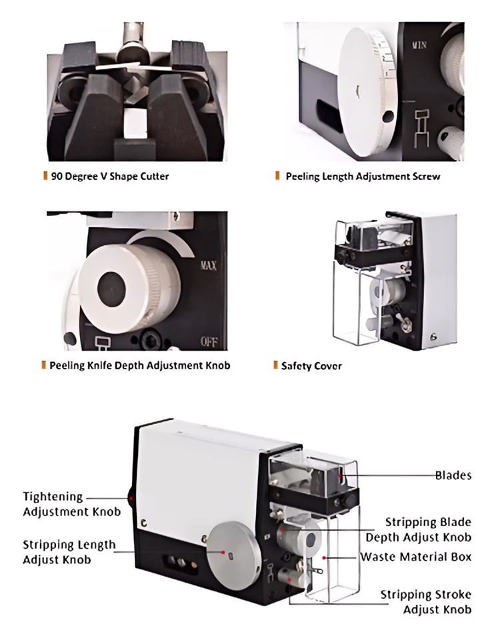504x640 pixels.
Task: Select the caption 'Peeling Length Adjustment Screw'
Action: click(x=363, y=177)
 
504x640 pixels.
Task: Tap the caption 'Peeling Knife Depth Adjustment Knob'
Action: click(x=140, y=365)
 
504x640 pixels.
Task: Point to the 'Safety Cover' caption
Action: click(x=311, y=366)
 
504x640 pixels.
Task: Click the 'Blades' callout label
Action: click(x=453, y=475)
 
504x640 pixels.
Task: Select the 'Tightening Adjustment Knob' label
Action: click(x=72, y=504)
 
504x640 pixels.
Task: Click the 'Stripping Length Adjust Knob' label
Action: click(x=69, y=552)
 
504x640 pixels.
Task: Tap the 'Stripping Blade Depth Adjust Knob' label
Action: click(x=419, y=529)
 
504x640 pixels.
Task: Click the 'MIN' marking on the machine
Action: click(x=420, y=45)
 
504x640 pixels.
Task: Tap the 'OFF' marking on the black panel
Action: click(x=210, y=343)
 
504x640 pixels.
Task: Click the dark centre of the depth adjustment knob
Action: click(x=111, y=287)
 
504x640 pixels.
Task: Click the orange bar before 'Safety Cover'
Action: click(x=275, y=365)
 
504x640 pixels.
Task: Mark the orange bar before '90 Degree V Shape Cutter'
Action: click(x=45, y=177)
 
